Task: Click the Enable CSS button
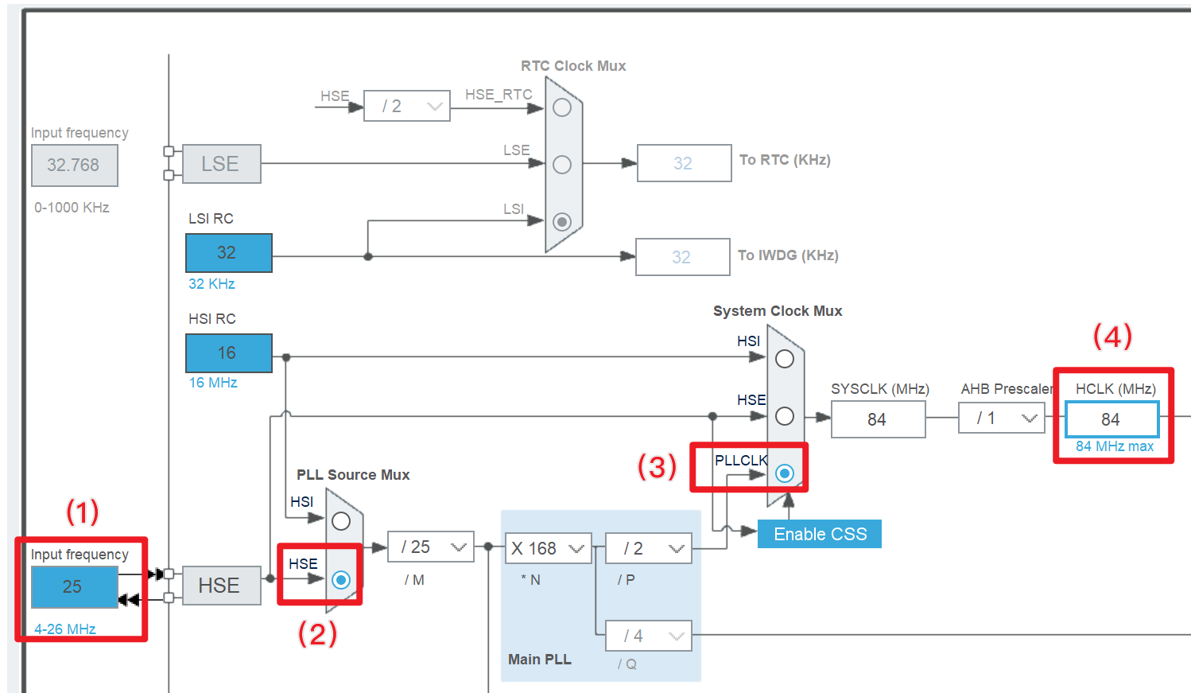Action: [820, 534]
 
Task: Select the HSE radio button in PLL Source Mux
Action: [341, 579]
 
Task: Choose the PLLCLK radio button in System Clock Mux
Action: [785, 473]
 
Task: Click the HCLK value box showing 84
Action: [1111, 419]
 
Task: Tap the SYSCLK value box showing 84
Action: [878, 419]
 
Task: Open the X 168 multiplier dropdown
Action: [548, 548]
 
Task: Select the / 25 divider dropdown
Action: [431, 547]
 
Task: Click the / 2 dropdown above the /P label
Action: [648, 548]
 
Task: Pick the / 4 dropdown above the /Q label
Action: [648, 636]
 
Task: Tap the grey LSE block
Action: [221, 164]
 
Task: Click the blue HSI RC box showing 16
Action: [228, 353]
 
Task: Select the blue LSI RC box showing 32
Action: [228, 253]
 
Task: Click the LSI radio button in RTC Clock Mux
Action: [562, 221]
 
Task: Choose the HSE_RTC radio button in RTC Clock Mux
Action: [562, 107]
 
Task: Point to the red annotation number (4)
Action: [1112, 336]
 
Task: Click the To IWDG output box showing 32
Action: [682, 257]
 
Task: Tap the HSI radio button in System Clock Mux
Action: [785, 359]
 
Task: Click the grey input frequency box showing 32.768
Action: [74, 165]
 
